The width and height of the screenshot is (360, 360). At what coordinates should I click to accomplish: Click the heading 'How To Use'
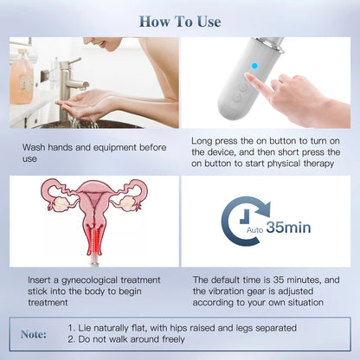pyautogui.click(x=180, y=21)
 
